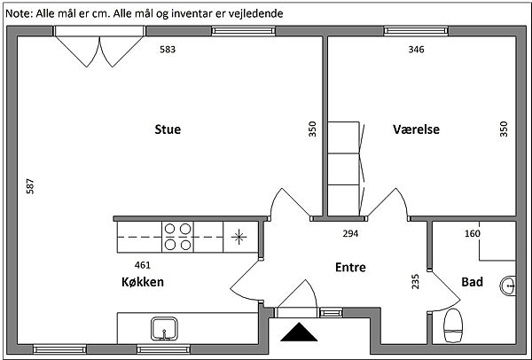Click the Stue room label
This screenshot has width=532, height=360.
tap(168, 129)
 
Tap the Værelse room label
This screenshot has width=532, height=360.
tap(417, 129)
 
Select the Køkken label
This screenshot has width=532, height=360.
tap(143, 282)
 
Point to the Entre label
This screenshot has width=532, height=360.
tap(350, 268)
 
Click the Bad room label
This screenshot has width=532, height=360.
tap(472, 282)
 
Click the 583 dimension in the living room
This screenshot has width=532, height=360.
tap(168, 50)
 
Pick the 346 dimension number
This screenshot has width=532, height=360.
tap(417, 50)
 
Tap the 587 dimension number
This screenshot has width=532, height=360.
tap(30, 186)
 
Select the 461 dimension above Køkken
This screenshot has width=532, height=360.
tap(143, 265)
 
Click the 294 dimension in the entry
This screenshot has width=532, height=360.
tap(350, 233)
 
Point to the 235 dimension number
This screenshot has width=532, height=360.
tap(415, 282)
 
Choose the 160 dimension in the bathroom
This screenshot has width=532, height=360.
tap(473, 233)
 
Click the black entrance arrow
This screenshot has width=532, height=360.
tap(299, 332)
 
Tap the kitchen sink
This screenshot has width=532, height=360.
tap(164, 329)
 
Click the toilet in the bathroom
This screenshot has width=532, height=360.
tap(453, 325)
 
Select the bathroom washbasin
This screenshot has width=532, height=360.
tap(508, 286)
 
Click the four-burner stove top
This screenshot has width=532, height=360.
tap(178, 237)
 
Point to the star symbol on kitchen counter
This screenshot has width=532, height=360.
tap(239, 237)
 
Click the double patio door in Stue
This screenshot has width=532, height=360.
tap(99, 47)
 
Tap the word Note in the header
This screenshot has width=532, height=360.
tap(19, 13)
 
